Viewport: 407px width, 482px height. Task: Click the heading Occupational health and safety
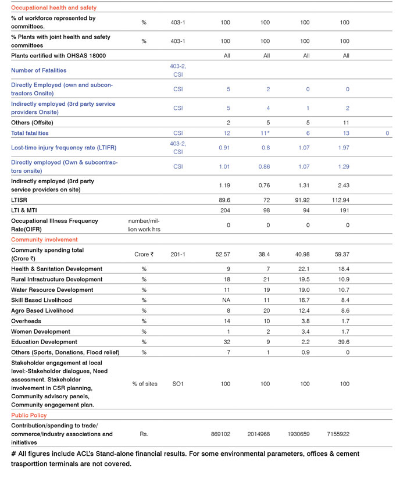(53, 8)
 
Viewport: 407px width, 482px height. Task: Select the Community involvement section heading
(44, 240)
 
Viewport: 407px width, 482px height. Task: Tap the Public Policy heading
(29, 415)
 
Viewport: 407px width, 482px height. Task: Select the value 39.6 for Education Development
(345, 342)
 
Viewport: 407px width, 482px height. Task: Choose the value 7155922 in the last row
(345, 434)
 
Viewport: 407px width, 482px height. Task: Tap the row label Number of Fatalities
(38, 70)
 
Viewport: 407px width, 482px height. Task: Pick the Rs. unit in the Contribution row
(144, 434)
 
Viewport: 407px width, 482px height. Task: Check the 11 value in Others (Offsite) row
(345, 123)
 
